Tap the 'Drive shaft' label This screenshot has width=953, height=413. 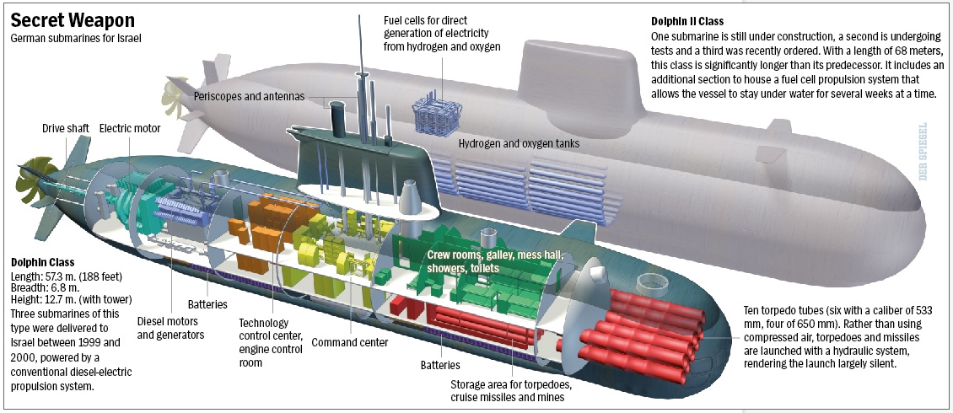(x=66, y=129)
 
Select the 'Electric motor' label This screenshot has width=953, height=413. (x=129, y=129)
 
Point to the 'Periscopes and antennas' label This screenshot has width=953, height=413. (x=249, y=96)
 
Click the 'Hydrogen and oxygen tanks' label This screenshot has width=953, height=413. (x=519, y=144)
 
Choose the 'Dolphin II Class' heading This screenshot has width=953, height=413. (x=687, y=21)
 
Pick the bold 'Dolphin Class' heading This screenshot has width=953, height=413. (x=42, y=263)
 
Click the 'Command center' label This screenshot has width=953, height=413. (x=350, y=342)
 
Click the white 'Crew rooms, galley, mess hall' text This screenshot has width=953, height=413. (x=493, y=255)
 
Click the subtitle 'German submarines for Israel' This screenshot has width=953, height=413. (x=75, y=39)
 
